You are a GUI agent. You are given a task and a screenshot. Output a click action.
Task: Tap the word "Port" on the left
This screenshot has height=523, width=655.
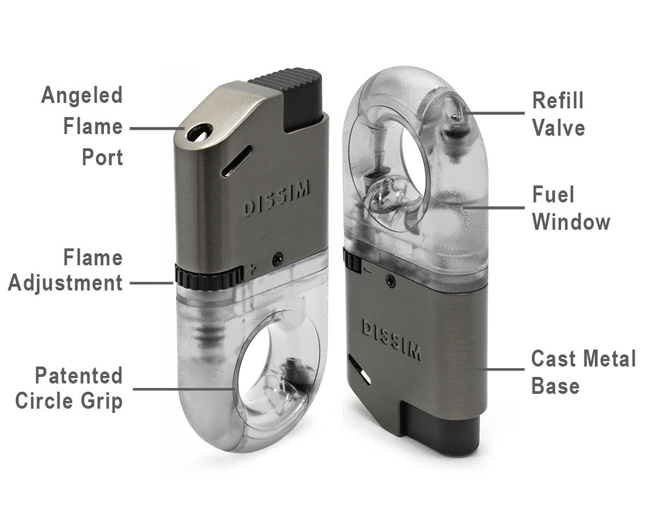(x=102, y=158)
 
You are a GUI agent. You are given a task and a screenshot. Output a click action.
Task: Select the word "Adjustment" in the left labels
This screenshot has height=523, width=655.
(x=66, y=283)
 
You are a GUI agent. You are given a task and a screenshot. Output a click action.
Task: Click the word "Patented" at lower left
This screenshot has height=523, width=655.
(x=79, y=375)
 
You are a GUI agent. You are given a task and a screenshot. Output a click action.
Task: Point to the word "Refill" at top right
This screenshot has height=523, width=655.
(x=558, y=101)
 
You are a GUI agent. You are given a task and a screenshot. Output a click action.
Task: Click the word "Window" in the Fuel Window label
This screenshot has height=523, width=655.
(x=571, y=222)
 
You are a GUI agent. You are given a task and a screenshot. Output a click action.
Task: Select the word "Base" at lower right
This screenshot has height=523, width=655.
(x=555, y=386)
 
